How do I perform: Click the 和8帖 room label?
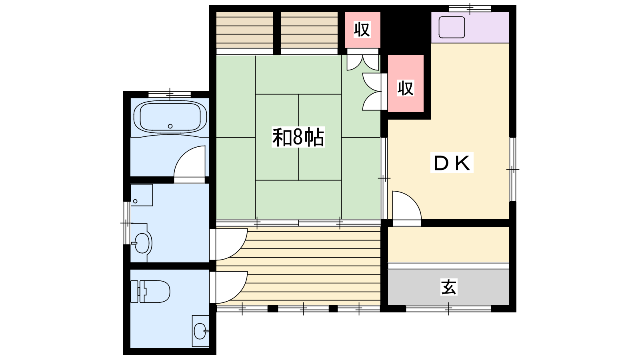(298, 138)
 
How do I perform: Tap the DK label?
(452, 162)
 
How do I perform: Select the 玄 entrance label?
(448, 287)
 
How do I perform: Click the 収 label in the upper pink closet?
(362, 29)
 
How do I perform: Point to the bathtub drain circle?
(170, 126)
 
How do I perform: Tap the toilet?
(150, 292)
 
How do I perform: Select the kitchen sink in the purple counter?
(452, 27)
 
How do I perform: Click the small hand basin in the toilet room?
(201, 331)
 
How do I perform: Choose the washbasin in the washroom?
(142, 243)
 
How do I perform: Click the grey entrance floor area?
(448, 287)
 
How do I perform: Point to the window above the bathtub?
(170, 94)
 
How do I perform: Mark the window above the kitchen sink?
(470, 8)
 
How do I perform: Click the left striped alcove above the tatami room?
(244, 30)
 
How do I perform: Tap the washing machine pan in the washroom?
(142, 195)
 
